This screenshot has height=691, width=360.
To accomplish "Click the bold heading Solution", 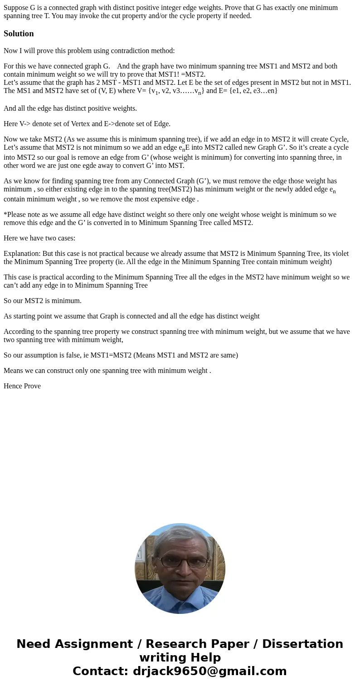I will point(19,34).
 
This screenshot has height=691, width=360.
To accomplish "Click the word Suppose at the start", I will point(15,8).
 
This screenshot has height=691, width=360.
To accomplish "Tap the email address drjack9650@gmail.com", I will point(209,671).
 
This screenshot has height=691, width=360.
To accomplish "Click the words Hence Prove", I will point(22,386).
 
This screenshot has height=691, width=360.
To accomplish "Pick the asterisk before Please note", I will point(5,215).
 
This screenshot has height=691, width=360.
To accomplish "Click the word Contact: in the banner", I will point(101,671).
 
